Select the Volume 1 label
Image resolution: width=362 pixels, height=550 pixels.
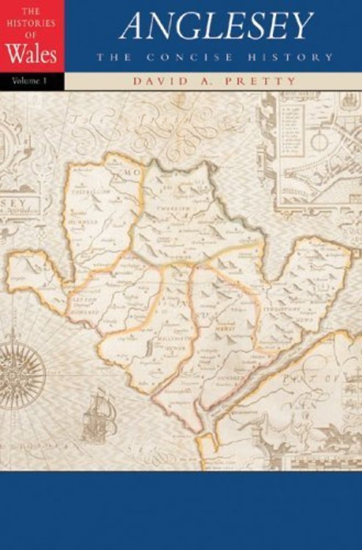coord(29,81)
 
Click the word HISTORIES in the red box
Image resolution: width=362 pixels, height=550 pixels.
coord(32,24)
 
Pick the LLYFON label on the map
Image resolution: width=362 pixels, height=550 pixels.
coord(82,298)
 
